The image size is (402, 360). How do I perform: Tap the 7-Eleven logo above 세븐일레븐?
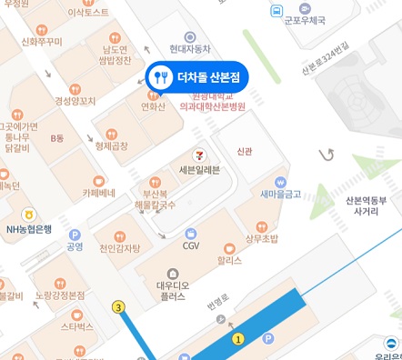pos(198,155)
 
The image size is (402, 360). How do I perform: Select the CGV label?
pos(191,245)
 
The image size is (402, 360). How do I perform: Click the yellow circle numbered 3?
pos(117,307)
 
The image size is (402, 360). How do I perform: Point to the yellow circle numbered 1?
pos(238,339)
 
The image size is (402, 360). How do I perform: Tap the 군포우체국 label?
pos(307,18)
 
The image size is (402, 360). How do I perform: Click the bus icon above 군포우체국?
pos(276,11)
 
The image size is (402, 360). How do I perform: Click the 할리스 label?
pos(229,260)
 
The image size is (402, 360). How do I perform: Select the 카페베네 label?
pos(98,194)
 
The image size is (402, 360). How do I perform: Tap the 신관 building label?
pos(244,152)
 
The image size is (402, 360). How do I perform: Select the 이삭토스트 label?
pos(88,14)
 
